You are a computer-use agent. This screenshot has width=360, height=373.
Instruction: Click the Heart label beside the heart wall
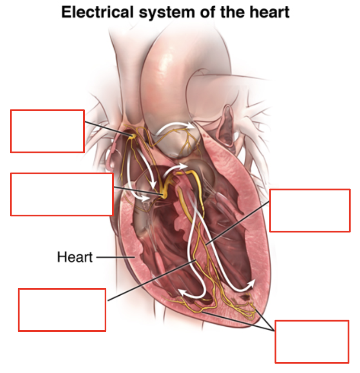(75, 257)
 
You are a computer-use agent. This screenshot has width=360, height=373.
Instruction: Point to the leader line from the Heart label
(115, 257)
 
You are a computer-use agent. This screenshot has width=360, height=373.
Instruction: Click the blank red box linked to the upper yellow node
(47, 131)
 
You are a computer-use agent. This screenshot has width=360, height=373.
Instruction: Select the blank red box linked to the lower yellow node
(62, 194)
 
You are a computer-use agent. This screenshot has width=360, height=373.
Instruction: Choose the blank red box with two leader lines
(312, 342)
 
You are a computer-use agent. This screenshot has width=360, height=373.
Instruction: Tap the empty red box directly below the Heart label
(62, 310)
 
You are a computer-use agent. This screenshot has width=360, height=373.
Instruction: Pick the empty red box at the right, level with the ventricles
(310, 210)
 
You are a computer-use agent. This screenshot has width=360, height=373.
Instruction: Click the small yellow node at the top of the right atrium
(133, 136)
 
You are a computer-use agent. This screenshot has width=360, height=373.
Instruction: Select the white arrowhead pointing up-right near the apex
(251, 284)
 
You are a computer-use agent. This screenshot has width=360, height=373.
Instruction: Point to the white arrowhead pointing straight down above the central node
(153, 185)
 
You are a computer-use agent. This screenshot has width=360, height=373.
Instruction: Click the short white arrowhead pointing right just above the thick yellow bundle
(184, 166)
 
